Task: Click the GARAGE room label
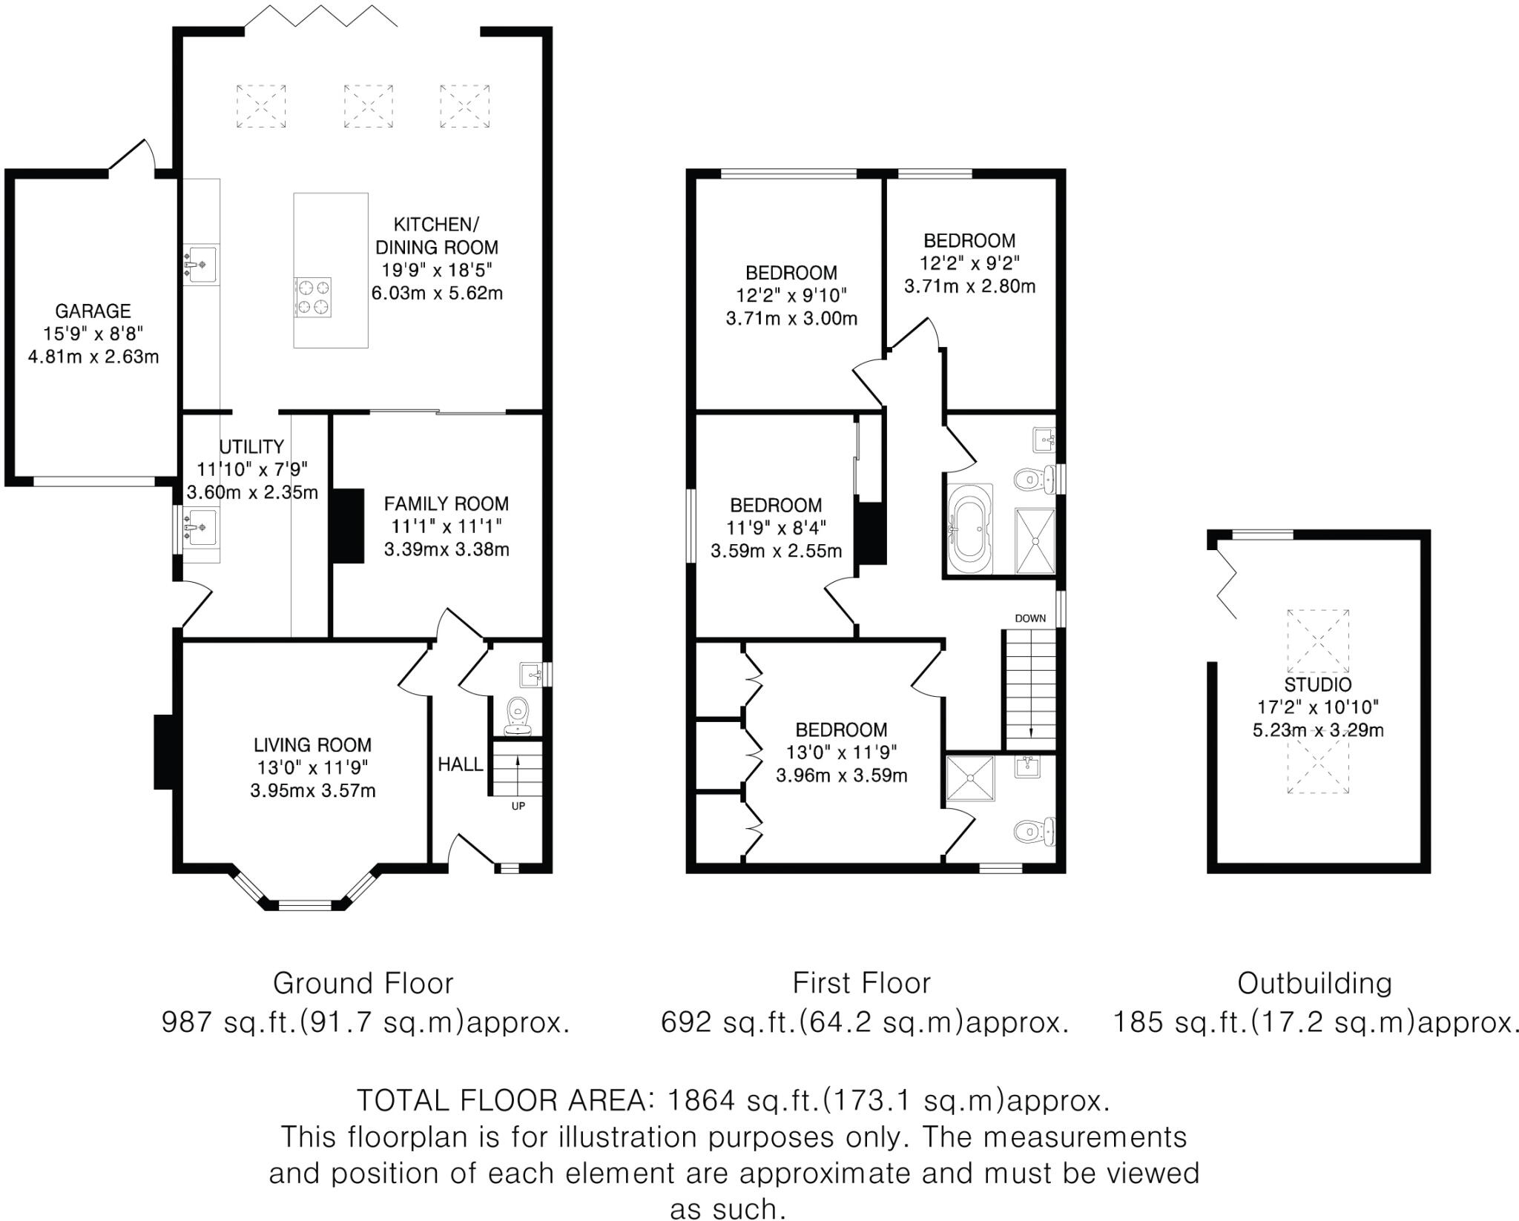click(93, 311)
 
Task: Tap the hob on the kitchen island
click(312, 297)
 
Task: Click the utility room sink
click(201, 527)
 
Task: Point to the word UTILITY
click(251, 446)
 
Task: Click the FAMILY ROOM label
click(446, 504)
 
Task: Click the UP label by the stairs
click(518, 806)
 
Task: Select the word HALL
click(460, 764)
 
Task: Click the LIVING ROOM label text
click(312, 745)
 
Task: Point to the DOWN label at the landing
click(1030, 618)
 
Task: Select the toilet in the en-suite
click(1033, 832)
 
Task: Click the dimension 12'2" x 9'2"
click(969, 263)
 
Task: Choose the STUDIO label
click(1318, 684)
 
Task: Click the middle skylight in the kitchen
click(369, 106)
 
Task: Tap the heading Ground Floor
click(363, 984)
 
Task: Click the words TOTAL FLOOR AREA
click(502, 1100)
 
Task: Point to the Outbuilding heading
click(1314, 984)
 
